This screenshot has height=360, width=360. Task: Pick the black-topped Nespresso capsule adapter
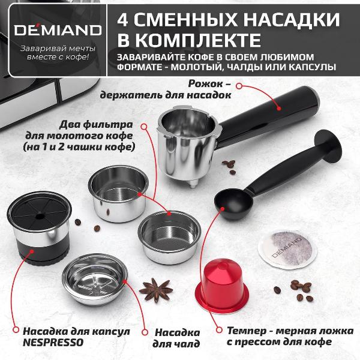coord(38,232)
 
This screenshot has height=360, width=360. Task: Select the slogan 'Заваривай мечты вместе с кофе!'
coord(55,53)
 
